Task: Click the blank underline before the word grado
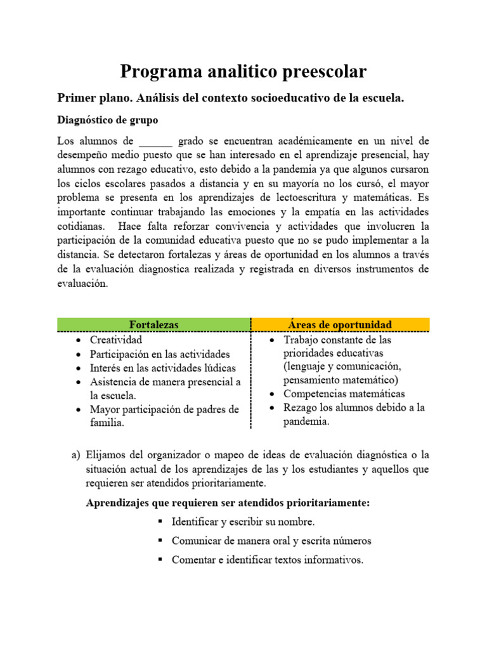tap(155, 140)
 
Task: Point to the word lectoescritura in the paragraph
tap(303, 197)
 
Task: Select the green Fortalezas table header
tap(154, 324)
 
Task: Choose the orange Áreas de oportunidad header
tap(340, 324)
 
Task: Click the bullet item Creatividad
tap(115, 340)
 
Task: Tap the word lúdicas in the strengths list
tap(219, 368)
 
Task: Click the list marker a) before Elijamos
tap(76, 455)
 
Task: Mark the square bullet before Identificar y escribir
tap(159, 522)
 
